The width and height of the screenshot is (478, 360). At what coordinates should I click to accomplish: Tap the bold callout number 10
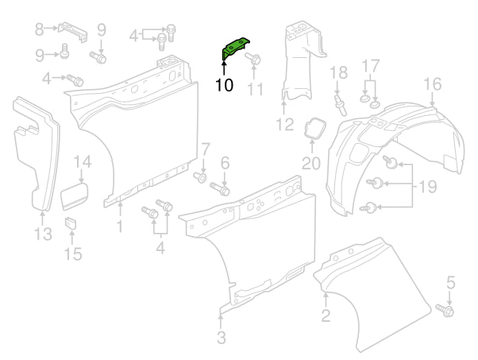tap(224, 85)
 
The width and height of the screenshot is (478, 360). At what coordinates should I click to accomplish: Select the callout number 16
tap(432, 84)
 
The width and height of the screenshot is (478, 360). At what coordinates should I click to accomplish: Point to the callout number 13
tap(43, 233)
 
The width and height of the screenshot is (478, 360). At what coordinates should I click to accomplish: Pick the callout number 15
tap(72, 254)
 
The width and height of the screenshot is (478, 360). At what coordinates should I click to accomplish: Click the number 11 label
tap(254, 88)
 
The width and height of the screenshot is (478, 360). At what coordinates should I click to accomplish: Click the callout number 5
tap(450, 281)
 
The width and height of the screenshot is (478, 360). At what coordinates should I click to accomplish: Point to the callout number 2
tap(326, 317)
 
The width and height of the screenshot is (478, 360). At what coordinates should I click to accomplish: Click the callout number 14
tap(83, 164)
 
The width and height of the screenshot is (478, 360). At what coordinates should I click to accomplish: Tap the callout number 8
tap(40, 30)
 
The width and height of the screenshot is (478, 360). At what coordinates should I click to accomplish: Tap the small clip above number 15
tap(70, 220)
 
